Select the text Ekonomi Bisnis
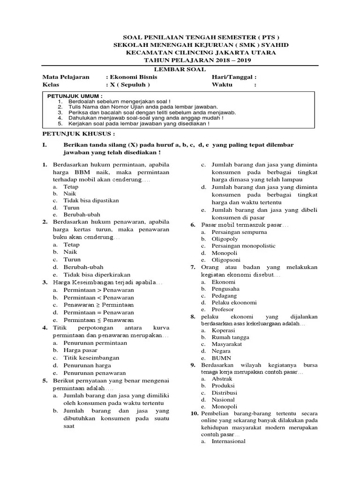[134, 77]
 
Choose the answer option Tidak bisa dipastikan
[92, 201]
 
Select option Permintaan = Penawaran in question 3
[98, 312]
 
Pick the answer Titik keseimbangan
[91, 358]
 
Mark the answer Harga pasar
[81, 350]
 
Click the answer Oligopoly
[225, 239]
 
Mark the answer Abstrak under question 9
[222, 378]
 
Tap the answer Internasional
[228, 441]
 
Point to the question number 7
[193, 267]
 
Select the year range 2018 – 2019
[224, 60]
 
